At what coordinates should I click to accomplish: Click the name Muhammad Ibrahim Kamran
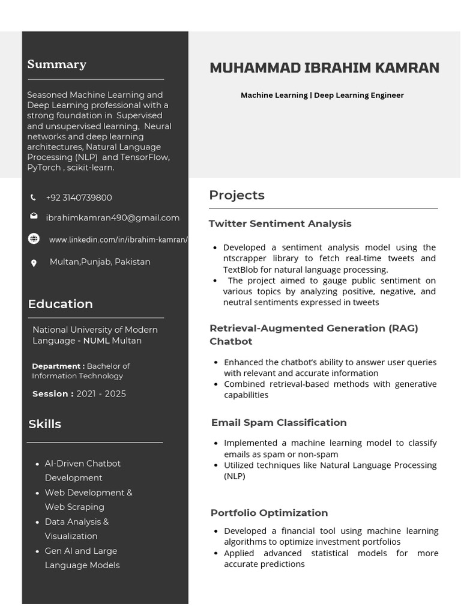point(324,68)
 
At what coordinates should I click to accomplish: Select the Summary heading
point(56,64)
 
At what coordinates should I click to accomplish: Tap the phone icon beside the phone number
point(33,198)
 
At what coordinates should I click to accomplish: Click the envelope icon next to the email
point(34,216)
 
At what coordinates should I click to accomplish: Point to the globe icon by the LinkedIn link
point(34,239)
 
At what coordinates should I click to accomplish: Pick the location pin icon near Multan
point(34,262)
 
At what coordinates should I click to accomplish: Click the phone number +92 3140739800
point(79,198)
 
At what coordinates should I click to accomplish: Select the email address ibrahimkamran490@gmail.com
point(112,218)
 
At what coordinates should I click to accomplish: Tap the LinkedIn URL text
point(118,240)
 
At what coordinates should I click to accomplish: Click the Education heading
point(60,304)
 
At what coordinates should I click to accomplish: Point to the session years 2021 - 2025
point(101,394)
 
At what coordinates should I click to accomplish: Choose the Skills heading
point(44,424)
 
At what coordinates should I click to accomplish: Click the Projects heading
point(237,195)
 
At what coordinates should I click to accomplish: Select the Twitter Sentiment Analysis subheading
point(280,223)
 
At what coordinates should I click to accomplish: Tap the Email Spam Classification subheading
point(279,422)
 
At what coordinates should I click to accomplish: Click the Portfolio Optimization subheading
point(269,512)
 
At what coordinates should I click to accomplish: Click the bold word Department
point(58,366)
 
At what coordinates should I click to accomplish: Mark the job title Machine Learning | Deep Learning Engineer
point(322,95)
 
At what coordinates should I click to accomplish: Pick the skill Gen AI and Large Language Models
point(82,558)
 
